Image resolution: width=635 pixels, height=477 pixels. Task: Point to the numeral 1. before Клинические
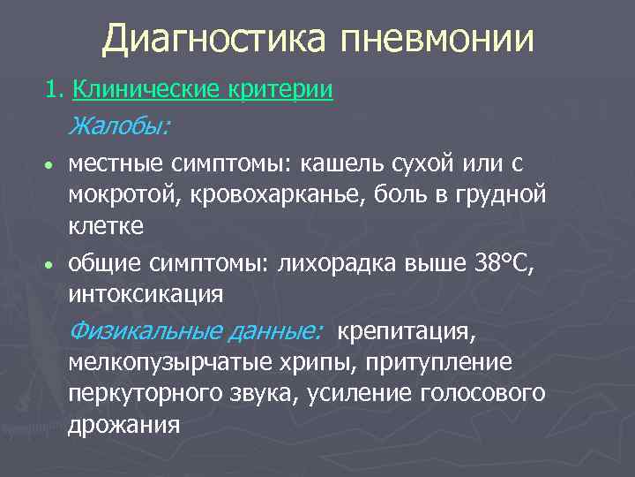click(x=56, y=89)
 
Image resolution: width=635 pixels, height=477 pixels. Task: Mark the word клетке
click(x=107, y=227)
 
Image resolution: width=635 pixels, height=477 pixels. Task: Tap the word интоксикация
click(x=146, y=293)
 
